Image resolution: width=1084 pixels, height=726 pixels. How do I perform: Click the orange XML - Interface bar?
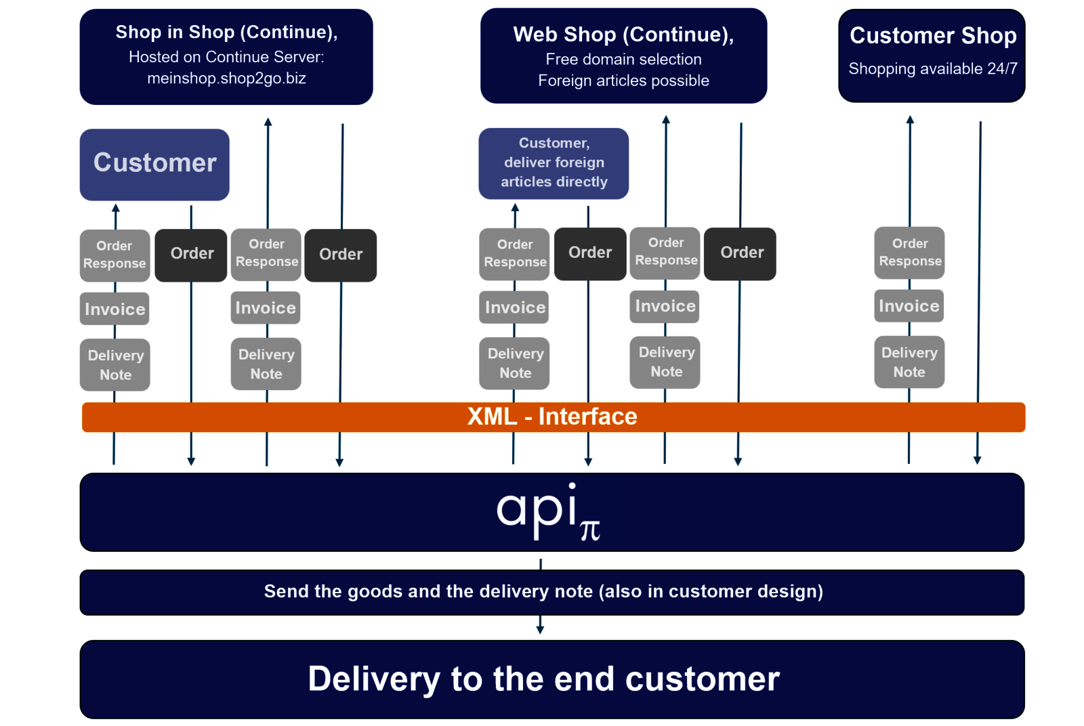[552, 417]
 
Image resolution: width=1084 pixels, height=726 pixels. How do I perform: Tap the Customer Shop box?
[932, 56]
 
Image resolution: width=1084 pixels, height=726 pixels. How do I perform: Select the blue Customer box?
[154, 165]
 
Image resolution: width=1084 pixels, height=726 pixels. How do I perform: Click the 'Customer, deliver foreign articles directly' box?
[554, 163]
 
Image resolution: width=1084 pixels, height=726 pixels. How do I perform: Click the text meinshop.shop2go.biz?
[226, 79]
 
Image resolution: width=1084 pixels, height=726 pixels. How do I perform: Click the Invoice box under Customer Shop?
[909, 306]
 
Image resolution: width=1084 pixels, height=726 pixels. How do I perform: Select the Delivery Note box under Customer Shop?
[909, 362]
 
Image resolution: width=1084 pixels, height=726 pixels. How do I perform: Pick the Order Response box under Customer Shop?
[909, 253]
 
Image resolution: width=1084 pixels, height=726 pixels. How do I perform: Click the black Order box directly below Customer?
[191, 255]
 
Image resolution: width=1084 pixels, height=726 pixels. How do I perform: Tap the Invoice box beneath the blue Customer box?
[114, 309]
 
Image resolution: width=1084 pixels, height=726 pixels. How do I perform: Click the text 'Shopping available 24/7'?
[932, 69]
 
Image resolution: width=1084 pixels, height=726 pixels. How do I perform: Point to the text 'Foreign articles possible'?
[623, 81]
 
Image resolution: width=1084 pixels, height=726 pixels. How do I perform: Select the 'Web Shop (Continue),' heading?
[623, 35]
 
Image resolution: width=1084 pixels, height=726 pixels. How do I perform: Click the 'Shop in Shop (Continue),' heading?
[226, 33]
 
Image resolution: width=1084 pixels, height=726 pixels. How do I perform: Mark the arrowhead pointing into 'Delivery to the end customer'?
[540, 629]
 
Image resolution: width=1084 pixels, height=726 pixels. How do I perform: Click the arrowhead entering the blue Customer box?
[116, 208]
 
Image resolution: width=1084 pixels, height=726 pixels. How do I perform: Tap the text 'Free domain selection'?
[623, 60]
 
